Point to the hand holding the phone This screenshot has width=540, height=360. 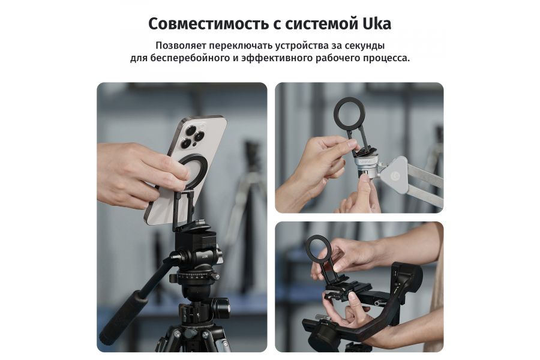point(129,171)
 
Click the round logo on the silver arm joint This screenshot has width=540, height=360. point(397,174)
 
